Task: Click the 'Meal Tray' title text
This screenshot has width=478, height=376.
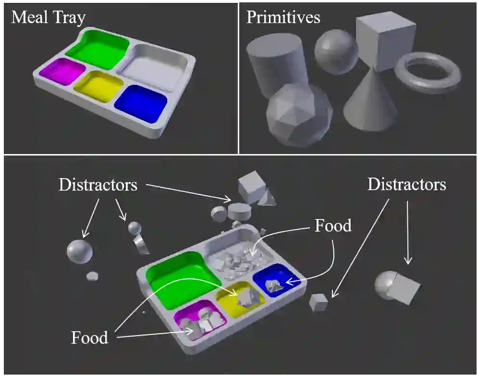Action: point(48,18)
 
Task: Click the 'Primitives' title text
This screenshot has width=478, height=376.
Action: point(283,18)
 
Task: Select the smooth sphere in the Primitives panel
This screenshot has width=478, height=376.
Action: point(336,51)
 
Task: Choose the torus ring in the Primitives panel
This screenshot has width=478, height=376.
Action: point(427,73)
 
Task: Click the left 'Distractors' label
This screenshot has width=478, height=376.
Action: point(98,185)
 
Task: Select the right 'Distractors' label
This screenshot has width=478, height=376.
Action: point(406,184)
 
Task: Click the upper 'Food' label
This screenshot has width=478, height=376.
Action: point(332,225)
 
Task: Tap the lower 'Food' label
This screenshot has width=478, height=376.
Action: point(89,337)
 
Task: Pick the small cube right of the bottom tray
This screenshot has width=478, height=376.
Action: point(318,302)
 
